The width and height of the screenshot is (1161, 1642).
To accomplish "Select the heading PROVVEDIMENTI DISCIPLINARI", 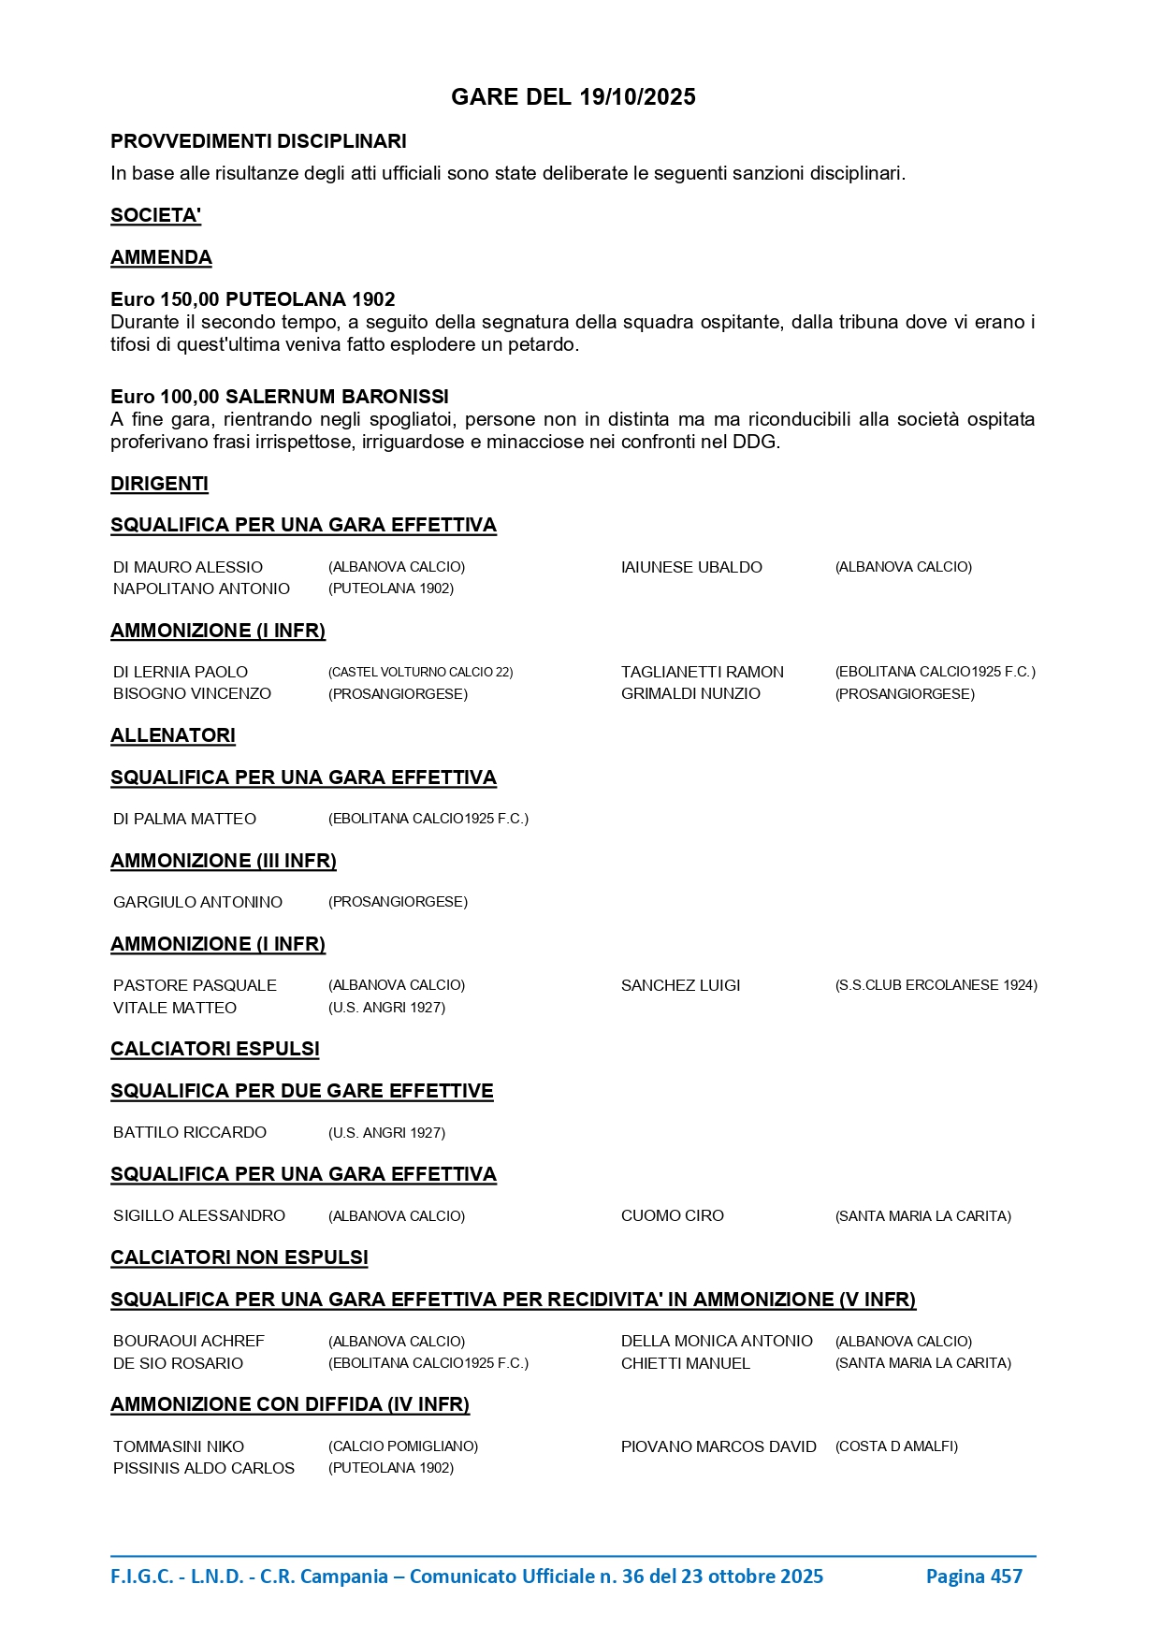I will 258,141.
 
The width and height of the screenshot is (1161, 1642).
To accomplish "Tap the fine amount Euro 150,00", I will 165,299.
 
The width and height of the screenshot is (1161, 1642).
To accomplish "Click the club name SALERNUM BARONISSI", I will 337,397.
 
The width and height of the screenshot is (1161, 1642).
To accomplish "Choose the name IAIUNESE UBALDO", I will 691,567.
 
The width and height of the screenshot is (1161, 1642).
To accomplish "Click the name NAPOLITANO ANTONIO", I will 201,589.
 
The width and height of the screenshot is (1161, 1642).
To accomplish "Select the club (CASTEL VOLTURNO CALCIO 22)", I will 420,672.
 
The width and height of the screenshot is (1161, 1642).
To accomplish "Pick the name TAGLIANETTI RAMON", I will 702,672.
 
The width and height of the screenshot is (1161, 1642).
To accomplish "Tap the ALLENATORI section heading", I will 173,735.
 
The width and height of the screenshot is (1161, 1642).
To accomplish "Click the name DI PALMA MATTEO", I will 184,819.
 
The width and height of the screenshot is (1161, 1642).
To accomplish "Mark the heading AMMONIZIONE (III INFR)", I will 224,861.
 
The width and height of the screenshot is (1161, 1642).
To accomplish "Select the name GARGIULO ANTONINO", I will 197,902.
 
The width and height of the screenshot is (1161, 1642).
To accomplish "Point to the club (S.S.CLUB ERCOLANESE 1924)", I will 936,985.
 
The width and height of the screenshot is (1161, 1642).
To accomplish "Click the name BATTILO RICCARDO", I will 190,1132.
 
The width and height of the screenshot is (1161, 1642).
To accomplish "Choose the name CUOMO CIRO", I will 672,1215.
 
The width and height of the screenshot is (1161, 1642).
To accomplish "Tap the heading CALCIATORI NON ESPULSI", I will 239,1257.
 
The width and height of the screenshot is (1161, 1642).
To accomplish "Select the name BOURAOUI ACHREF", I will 189,1341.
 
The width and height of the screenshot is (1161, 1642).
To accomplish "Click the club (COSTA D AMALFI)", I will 896,1446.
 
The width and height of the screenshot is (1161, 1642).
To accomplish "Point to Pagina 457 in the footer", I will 974,1577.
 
